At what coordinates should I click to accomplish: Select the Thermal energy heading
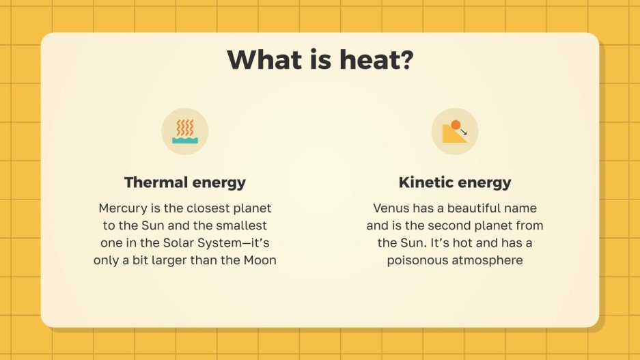point(185,182)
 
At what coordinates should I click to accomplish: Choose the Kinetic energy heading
point(455,182)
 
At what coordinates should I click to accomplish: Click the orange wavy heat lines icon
point(185,127)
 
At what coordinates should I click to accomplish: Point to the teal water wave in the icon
point(185,140)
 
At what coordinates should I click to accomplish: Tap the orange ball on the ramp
point(456,125)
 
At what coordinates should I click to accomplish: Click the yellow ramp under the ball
point(452,135)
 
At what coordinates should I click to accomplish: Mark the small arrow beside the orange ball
point(464,132)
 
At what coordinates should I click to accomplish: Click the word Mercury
point(124,208)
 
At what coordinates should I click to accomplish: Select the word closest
point(207,208)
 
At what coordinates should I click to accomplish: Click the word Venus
point(390,208)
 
